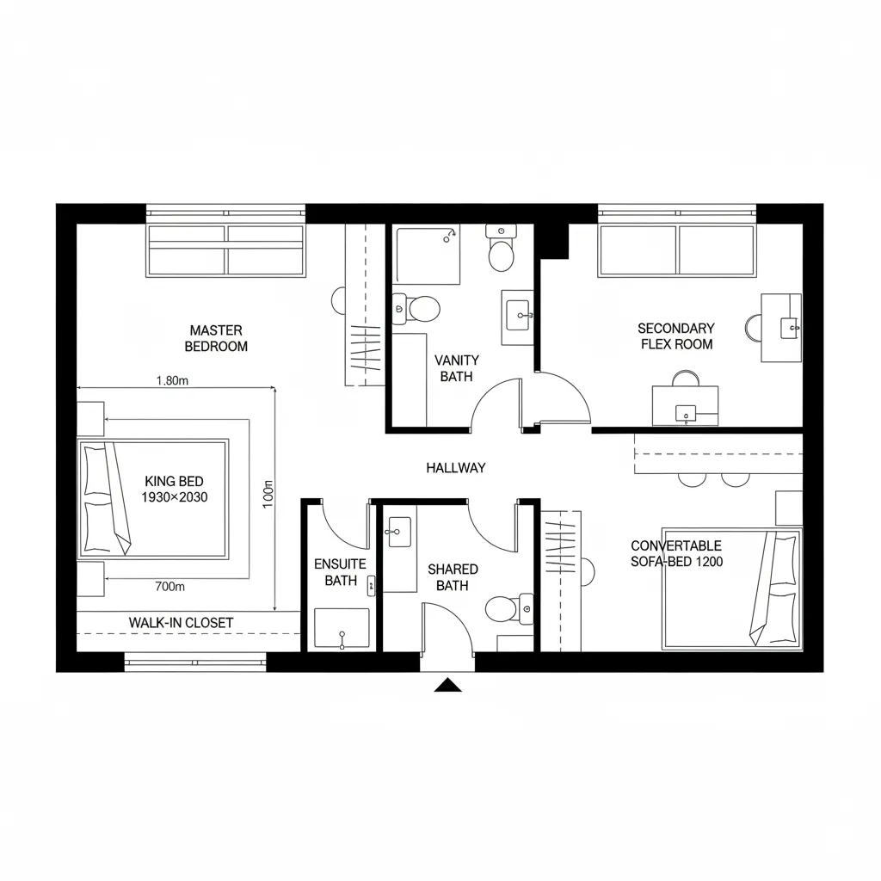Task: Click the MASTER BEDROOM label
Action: point(217,338)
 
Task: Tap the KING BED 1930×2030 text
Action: point(175,490)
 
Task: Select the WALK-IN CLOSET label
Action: point(181,622)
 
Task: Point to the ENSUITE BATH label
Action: point(341,572)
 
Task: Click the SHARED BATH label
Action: point(452,577)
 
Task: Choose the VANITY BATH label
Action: point(457,368)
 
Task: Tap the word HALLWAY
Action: point(456,468)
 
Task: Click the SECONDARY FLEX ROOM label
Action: point(675,336)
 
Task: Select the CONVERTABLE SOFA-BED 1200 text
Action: point(676,553)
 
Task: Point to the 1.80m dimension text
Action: point(173,380)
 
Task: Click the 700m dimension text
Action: point(169,587)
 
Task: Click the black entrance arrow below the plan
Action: point(447,685)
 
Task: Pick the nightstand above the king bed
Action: point(90,419)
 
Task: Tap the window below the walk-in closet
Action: point(195,662)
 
